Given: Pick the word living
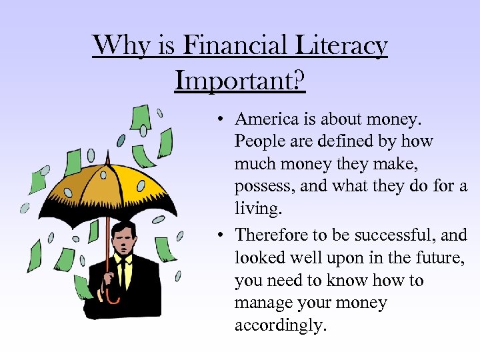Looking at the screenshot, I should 259,209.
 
